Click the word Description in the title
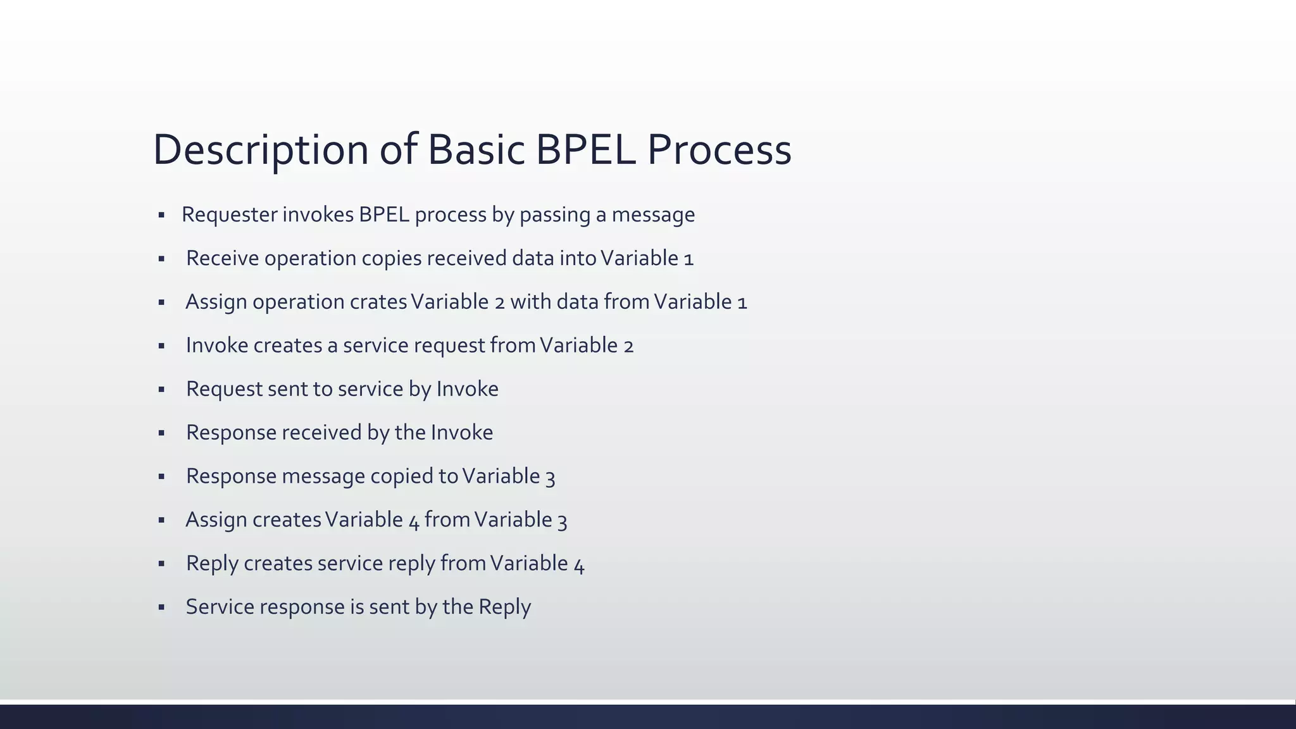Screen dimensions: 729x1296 (x=260, y=151)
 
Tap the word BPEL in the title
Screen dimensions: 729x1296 (x=585, y=151)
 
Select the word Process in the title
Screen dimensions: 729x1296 (x=719, y=151)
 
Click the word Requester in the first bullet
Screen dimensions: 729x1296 (x=229, y=215)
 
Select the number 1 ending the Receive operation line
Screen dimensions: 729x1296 (x=689, y=259)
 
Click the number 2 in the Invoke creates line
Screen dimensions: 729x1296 (x=628, y=346)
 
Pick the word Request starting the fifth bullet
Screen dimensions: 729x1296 (x=224, y=389)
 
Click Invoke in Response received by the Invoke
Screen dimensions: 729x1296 (x=462, y=433)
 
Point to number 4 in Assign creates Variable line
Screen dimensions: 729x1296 (x=414, y=521)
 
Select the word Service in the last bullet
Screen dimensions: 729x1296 (x=220, y=607)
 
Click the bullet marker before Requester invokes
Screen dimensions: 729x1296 (x=161, y=216)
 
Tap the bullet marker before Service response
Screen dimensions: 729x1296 (x=161, y=607)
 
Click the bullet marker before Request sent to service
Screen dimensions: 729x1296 (x=161, y=390)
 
